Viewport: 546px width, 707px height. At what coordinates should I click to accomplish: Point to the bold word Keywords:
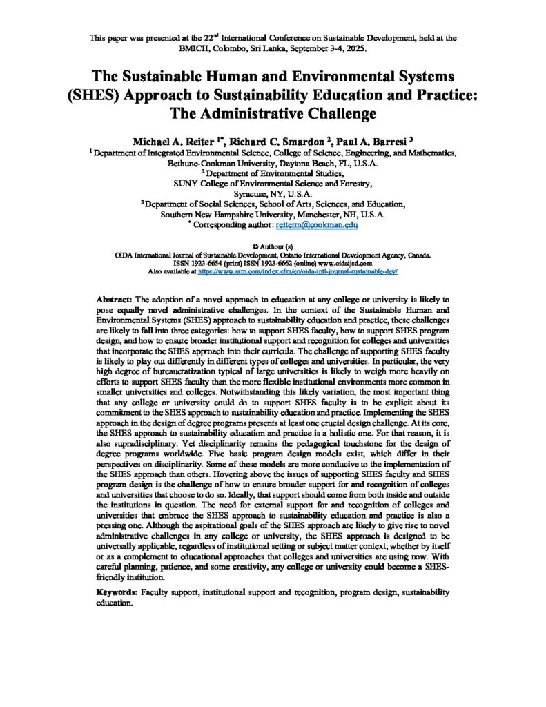(x=117, y=592)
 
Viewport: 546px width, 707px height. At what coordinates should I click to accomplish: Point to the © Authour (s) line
(x=273, y=246)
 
